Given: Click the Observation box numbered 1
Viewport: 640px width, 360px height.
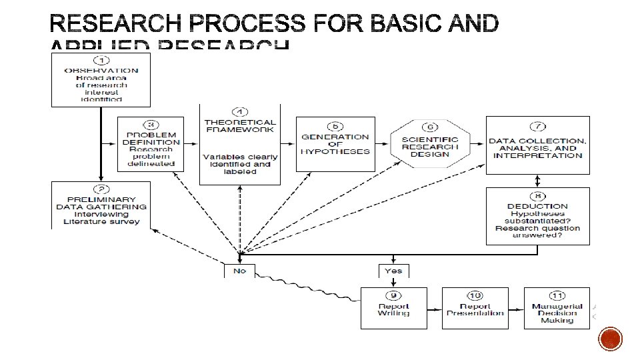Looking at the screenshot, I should (x=101, y=80).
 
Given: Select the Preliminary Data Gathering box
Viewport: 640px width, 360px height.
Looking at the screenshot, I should (x=101, y=205).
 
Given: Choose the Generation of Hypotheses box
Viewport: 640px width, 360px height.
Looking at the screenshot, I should (x=335, y=143).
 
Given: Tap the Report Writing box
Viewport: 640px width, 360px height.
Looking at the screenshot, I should (x=393, y=308).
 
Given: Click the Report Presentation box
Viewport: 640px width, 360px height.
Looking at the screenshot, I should (x=475, y=308).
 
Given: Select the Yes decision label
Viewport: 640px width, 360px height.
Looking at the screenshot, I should (x=393, y=271).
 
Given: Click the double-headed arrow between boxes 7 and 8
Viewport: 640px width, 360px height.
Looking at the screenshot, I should (x=537, y=181).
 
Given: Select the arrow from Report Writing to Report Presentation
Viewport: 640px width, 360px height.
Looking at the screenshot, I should (x=434, y=308).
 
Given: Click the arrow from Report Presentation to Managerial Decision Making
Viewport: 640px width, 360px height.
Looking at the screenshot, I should (x=516, y=308).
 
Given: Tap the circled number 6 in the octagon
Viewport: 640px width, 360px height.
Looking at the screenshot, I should (x=430, y=127).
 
